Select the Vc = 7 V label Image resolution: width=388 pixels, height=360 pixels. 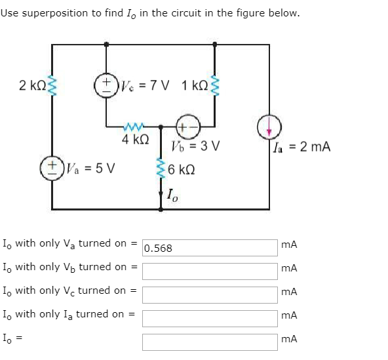pyautogui.click(x=143, y=86)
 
